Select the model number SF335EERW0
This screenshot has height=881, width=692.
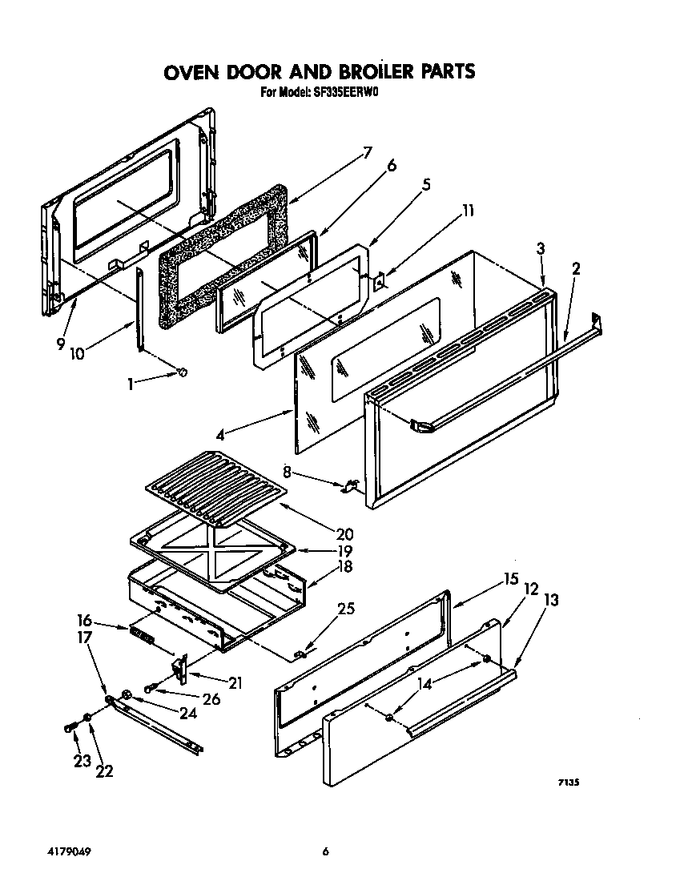click(344, 93)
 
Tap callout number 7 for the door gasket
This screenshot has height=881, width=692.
click(367, 153)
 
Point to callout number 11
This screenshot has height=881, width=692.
click(468, 211)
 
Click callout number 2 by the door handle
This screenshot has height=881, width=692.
click(576, 268)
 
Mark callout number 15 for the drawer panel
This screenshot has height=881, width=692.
click(510, 578)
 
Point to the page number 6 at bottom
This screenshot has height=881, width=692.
click(326, 851)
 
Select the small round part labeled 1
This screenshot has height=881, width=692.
click(183, 372)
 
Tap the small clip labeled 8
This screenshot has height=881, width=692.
click(350, 485)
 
